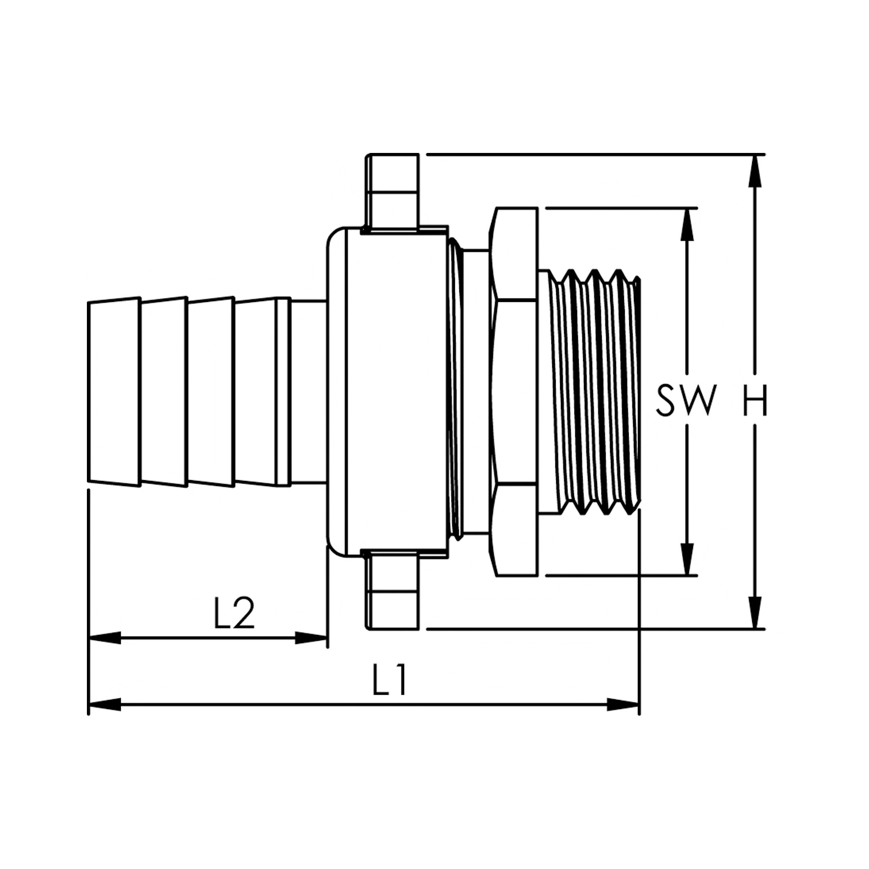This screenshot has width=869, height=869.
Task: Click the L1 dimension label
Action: click(x=389, y=682)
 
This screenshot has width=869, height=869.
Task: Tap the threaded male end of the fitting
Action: click(x=594, y=391)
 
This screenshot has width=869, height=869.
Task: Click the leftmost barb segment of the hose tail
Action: click(x=113, y=391)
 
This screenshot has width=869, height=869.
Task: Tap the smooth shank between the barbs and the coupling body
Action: click(x=308, y=391)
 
